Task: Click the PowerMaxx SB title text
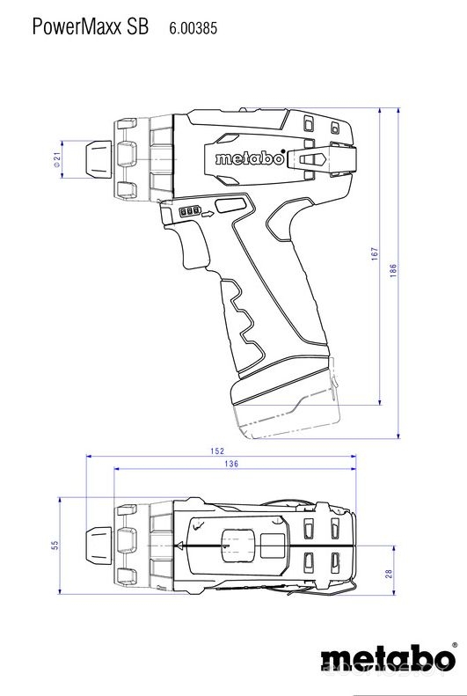[90, 27]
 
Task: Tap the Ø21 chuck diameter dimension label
[57, 158]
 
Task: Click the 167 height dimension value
[373, 254]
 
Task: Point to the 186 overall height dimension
[393, 271]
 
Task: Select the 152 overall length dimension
[217, 451]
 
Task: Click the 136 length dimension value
[231, 464]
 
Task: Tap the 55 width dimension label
[55, 546]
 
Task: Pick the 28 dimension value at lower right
[388, 574]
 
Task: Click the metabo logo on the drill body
[250, 159]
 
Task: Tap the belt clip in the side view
[317, 159]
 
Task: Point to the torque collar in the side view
[161, 158]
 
